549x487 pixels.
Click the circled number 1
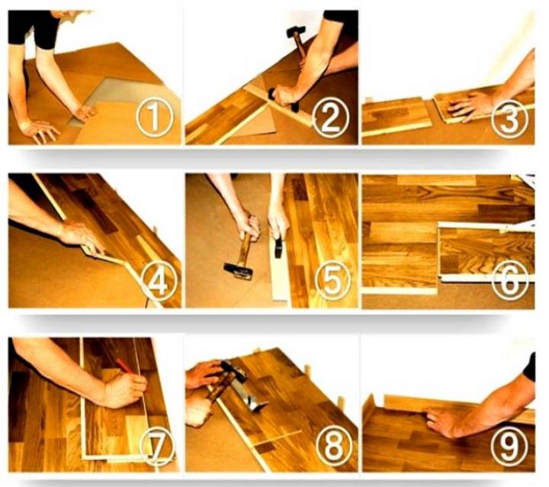point(154,117)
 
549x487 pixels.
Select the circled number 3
point(509,118)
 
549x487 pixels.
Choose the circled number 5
point(332,280)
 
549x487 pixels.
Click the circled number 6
point(510,281)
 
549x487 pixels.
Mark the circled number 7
point(157,447)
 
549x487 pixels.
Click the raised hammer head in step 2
point(296,31)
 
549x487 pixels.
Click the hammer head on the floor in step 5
point(239,271)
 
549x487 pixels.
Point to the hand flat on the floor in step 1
point(39,131)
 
